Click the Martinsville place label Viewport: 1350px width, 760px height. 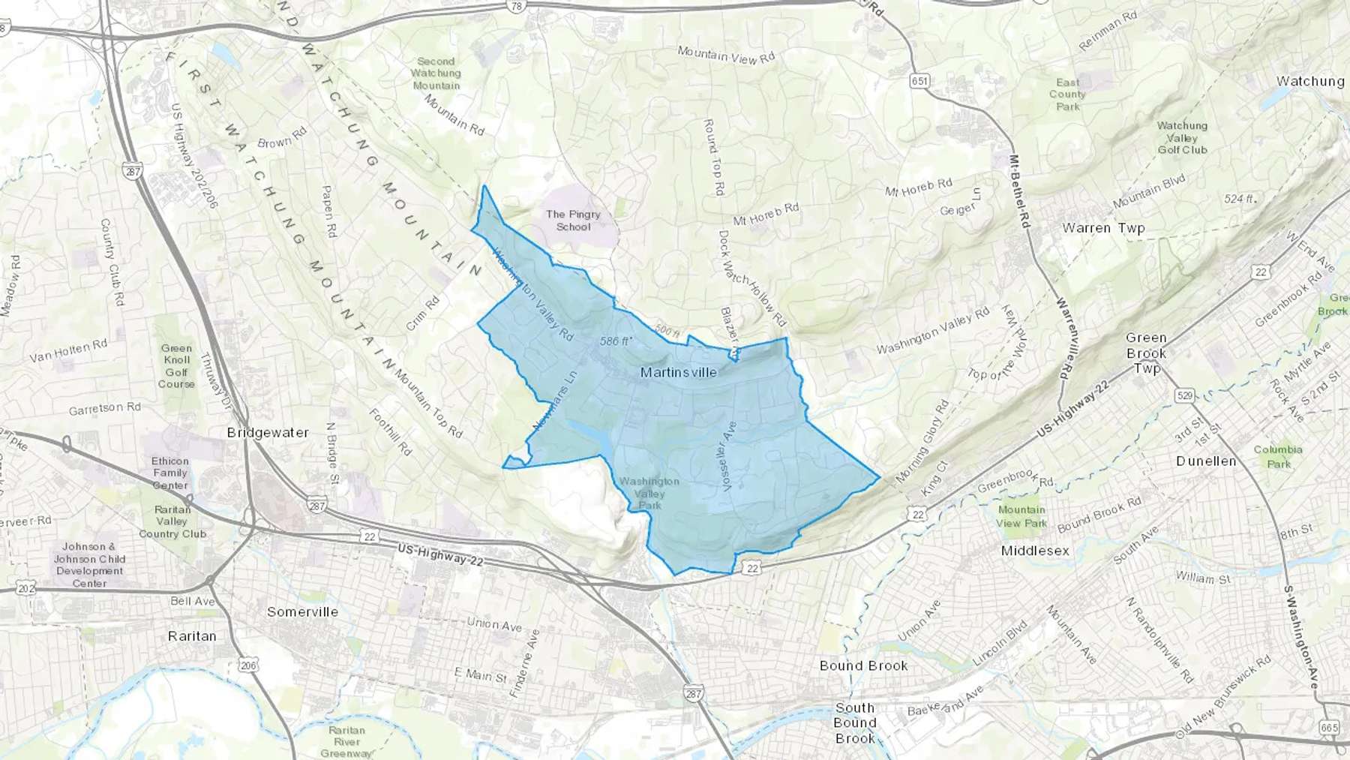[678, 372]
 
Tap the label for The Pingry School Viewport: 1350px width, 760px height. [573, 221]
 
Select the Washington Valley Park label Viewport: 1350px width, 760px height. [649, 493]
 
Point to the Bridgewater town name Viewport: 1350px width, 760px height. [268, 433]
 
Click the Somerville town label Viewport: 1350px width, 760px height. [302, 611]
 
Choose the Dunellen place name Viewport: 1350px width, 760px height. [1206, 461]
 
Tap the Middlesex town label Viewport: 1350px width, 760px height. [1035, 551]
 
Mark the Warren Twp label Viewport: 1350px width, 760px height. [1103, 227]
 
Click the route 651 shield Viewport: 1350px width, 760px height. [919, 81]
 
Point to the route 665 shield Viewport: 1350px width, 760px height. [1328, 727]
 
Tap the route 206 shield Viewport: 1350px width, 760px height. [248, 665]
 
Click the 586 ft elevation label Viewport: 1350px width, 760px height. [616, 341]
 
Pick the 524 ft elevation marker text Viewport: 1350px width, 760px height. [1239, 199]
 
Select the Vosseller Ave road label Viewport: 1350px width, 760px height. [728, 456]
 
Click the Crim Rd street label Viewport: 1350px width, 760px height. [423, 314]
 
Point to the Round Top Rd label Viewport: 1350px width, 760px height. [713, 157]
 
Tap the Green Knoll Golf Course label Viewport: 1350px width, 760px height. [176, 366]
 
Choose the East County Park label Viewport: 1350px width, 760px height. [1067, 95]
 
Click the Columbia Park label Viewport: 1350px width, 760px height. [1278, 456]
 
